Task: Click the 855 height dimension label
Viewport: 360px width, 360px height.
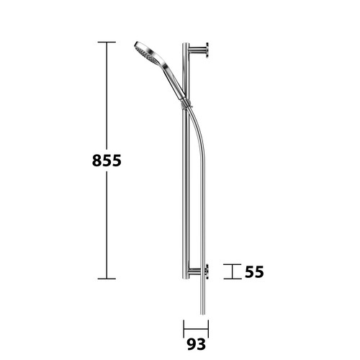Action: tap(107, 161)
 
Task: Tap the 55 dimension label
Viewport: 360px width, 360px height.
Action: tap(254, 272)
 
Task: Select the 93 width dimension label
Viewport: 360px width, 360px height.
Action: tap(197, 345)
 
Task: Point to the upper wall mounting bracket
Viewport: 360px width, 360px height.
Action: tap(198, 50)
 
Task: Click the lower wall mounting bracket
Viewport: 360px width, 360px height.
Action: tap(198, 271)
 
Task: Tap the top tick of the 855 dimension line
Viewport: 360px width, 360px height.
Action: tap(107, 42)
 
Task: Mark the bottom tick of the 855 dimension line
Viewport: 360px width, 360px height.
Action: tap(107, 279)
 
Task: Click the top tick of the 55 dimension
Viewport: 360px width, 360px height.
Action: tap(233, 264)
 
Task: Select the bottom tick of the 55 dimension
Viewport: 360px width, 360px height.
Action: tap(233, 279)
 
